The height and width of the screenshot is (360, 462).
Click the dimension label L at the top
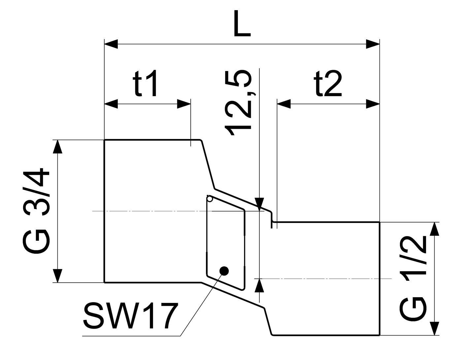point(242,23)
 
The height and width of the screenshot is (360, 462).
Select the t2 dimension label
point(328,83)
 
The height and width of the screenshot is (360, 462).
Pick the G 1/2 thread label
point(413,276)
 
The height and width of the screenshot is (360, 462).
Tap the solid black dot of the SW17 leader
point(224,271)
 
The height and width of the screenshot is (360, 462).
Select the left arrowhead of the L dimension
point(111,44)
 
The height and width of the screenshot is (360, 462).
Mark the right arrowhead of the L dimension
point(373,44)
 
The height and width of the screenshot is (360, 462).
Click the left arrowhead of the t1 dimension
point(111,104)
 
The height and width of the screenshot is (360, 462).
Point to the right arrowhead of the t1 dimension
point(184,104)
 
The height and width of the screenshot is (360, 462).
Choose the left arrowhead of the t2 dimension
point(284,104)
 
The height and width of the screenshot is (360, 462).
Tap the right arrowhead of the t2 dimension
point(373,104)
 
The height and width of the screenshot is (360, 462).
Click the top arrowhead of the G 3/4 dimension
point(58,147)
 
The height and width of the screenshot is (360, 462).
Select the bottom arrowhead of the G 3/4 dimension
point(58,276)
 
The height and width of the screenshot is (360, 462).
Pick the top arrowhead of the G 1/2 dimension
point(434,229)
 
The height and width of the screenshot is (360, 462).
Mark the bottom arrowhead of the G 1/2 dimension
point(434,329)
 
